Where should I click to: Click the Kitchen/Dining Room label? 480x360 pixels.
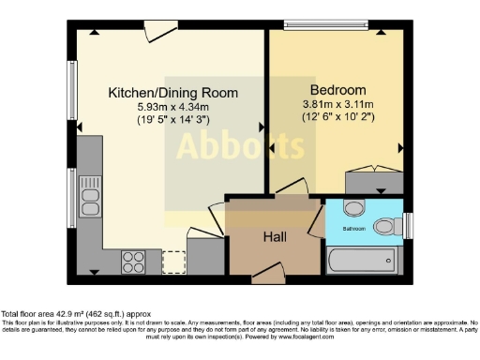pyautogui.click(x=172, y=93)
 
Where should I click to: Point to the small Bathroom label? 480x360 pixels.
pyautogui.click(x=353, y=229)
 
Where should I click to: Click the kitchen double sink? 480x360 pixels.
pyautogui.click(x=91, y=196)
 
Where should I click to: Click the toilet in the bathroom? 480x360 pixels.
pyautogui.click(x=385, y=226)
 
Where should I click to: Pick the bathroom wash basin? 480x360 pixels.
pyautogui.click(x=353, y=209)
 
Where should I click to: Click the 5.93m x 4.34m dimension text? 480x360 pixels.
pyautogui.click(x=172, y=108)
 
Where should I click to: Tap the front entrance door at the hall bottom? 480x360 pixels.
pyautogui.click(x=268, y=275)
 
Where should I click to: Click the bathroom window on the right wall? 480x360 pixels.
pyautogui.click(x=407, y=225)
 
